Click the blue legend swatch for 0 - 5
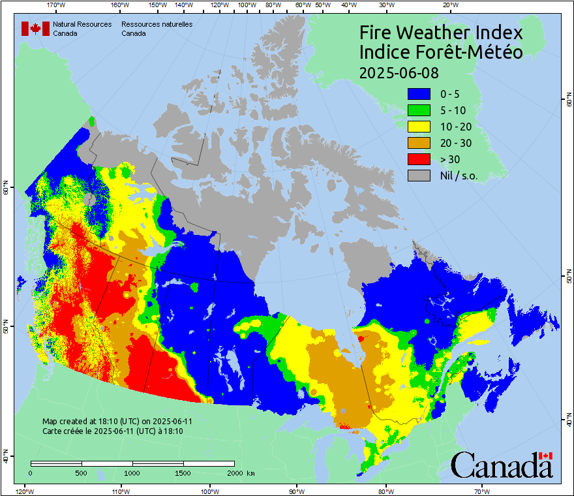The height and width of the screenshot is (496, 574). [419, 95]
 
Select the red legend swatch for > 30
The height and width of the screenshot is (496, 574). [419, 159]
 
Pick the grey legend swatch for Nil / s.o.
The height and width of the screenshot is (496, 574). [419, 176]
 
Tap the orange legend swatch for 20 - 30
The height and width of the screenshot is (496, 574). [419, 143]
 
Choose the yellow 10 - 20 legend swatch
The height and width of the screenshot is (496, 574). [419, 127]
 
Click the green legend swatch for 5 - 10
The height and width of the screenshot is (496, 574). [419, 110]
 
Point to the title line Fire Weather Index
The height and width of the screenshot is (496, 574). [441, 33]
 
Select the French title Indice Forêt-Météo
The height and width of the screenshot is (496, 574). [441, 52]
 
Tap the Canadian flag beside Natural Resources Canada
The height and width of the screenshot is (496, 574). [35, 29]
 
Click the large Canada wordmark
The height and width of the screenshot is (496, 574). [502, 465]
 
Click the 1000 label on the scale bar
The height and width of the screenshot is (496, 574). [132, 473]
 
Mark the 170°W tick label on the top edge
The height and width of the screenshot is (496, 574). [57, 5]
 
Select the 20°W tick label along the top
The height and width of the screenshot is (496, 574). [449, 5]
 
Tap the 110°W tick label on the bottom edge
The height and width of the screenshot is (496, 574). [120, 491]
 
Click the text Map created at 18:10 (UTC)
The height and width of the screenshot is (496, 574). [117, 422]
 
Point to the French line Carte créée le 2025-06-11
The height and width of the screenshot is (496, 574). [112, 431]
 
